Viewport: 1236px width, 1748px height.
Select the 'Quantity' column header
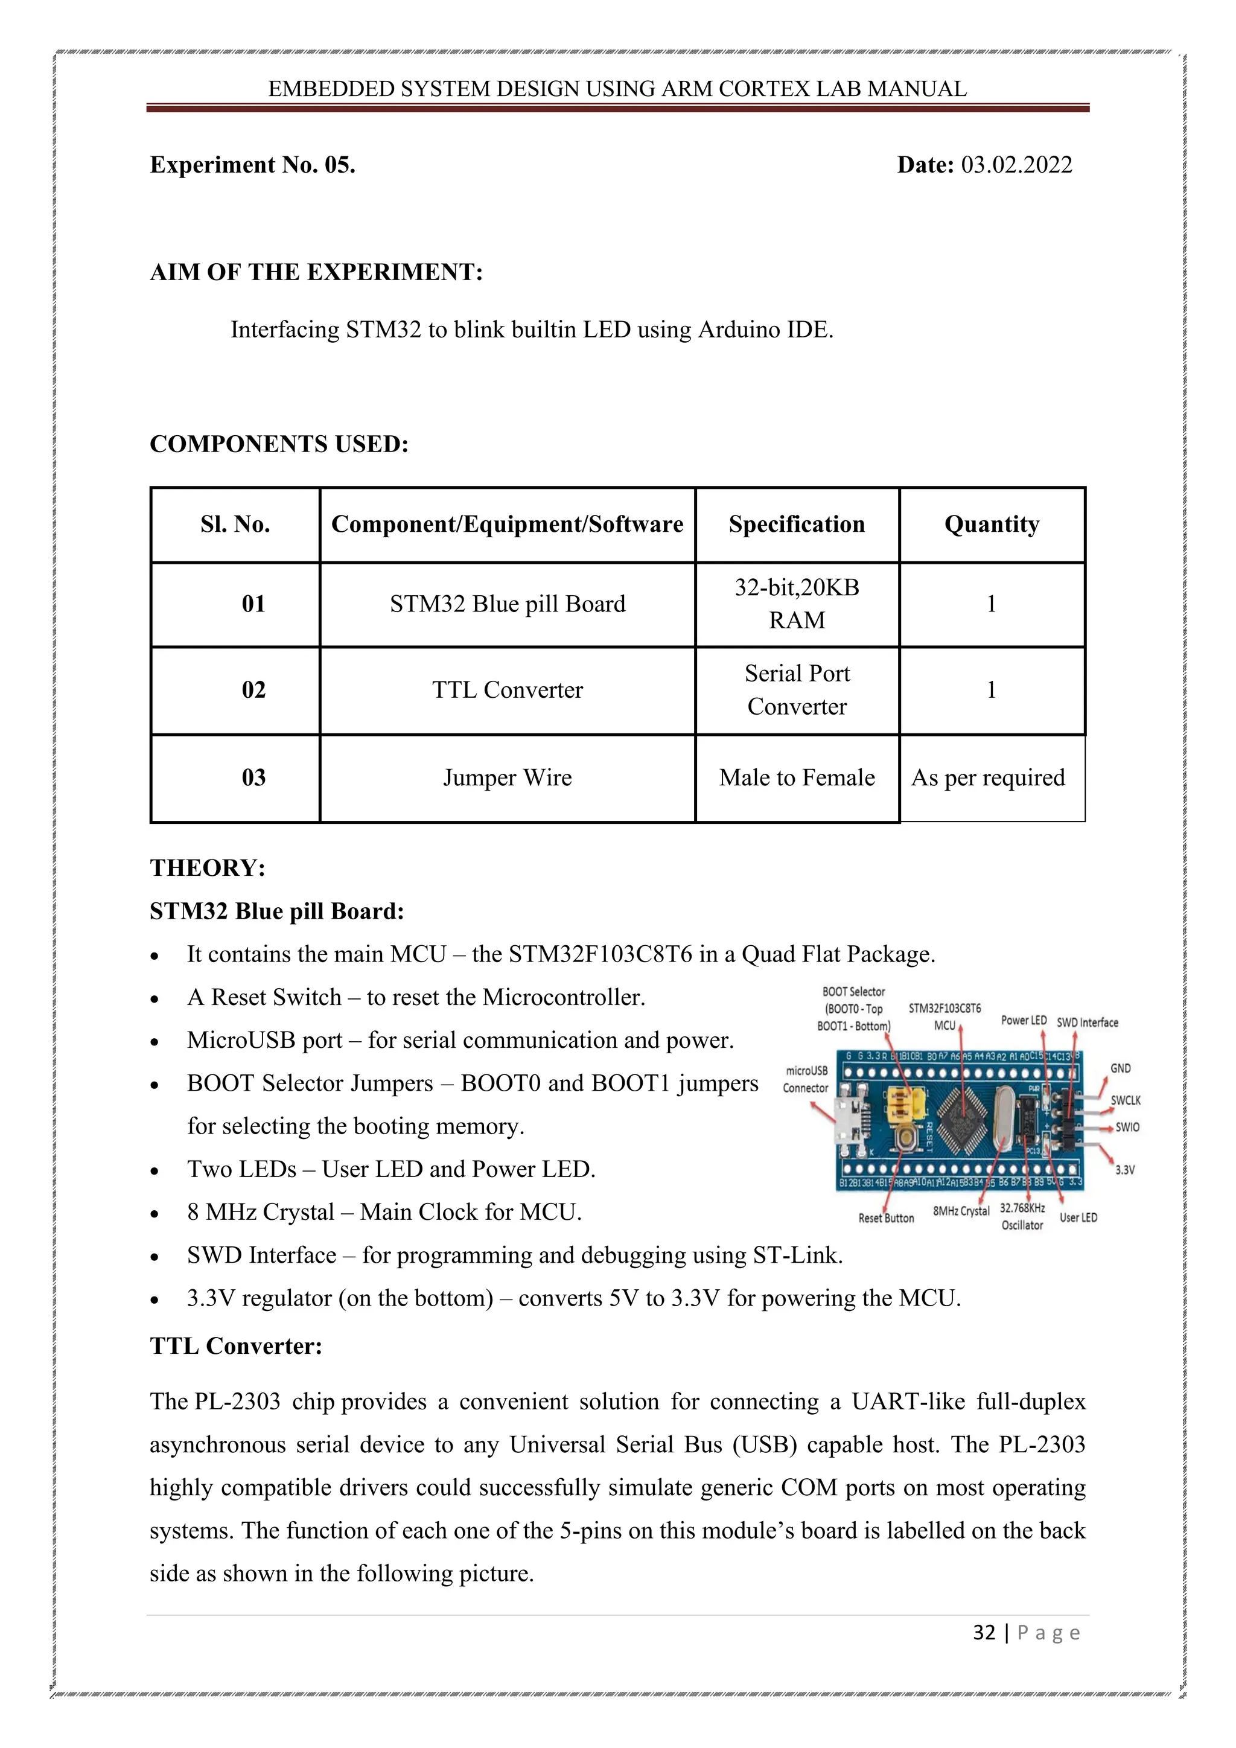point(991,525)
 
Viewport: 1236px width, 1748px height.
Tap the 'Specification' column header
point(796,525)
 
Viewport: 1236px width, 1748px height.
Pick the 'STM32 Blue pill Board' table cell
point(507,604)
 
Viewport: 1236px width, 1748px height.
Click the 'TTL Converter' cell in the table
point(507,691)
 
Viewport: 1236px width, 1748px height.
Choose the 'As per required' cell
point(988,778)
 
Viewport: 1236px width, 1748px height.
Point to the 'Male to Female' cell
point(796,778)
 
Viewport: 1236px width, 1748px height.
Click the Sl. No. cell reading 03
point(253,778)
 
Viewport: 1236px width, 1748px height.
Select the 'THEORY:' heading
point(207,868)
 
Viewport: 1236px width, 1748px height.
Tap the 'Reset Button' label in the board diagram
point(886,1218)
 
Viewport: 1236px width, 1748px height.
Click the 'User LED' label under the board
point(1078,1217)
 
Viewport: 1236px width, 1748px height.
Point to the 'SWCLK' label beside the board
point(1125,1100)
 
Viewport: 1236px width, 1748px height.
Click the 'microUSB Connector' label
point(806,1080)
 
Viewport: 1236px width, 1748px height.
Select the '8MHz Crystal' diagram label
point(960,1211)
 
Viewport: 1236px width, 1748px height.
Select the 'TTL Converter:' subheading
point(236,1346)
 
